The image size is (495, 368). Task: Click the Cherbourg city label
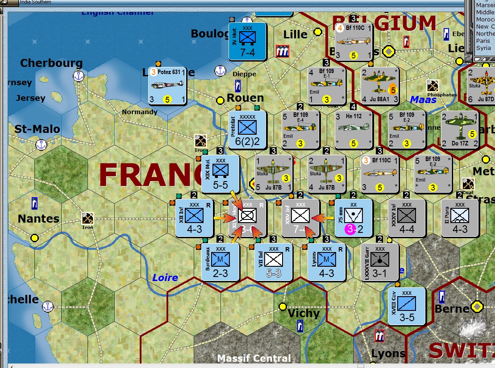point(51,63)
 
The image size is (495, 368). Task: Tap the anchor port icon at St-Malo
point(42,145)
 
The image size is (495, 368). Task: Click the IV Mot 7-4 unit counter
point(247,41)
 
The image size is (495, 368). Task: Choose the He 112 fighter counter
point(354,130)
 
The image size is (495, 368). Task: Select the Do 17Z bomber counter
point(460,130)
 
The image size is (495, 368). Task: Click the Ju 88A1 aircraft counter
point(380,86)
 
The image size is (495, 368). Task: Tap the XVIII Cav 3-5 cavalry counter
point(407,306)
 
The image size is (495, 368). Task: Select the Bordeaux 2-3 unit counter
point(220,262)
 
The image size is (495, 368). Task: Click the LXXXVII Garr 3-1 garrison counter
point(380,262)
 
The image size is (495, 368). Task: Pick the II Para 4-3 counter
point(460,218)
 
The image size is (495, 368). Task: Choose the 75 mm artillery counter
point(354,218)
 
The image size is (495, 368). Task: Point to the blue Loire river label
point(165,277)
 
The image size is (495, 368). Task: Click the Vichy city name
point(304,313)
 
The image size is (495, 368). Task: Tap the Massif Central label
point(254,358)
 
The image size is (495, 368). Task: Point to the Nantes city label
point(38,219)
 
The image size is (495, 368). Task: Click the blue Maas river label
point(423,99)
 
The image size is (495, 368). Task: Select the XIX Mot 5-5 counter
point(220,174)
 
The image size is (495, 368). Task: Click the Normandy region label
point(140,112)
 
